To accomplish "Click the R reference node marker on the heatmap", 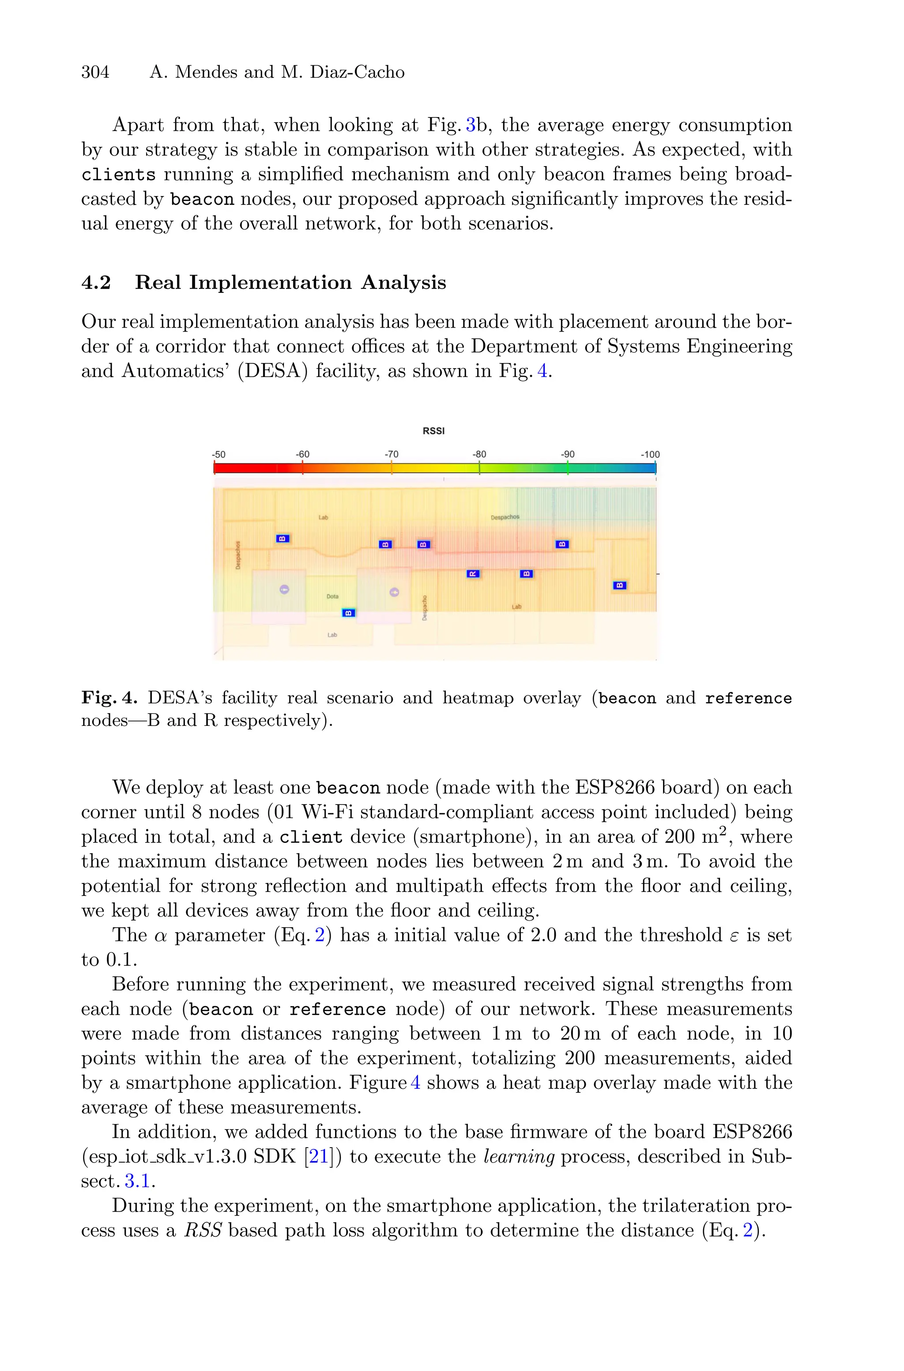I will [x=472, y=574].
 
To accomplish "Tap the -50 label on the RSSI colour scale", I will [x=218, y=454].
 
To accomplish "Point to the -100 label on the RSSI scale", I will [x=650, y=454].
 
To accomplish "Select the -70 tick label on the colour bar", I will [x=392, y=454].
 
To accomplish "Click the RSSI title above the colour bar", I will [x=433, y=431].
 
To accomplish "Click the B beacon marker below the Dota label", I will [x=349, y=613].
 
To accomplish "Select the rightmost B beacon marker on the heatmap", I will [x=620, y=585].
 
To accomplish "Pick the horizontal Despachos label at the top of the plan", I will [x=505, y=517].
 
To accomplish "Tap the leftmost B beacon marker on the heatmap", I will [x=282, y=539].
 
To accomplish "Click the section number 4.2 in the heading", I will [x=96, y=283].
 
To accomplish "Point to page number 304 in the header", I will [x=95, y=72].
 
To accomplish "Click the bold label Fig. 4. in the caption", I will [x=109, y=698].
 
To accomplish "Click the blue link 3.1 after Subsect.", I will [x=137, y=1181].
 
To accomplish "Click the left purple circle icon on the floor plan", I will [x=284, y=589].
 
